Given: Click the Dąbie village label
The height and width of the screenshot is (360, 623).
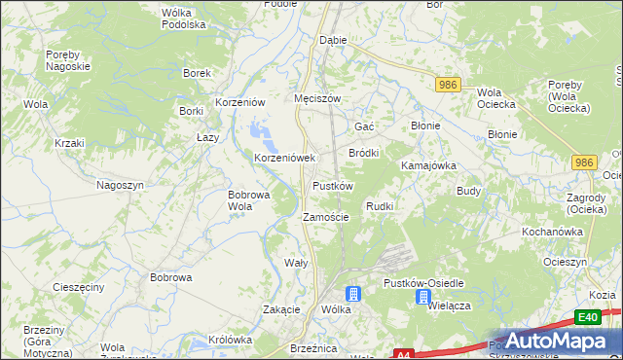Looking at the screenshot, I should coord(333,41).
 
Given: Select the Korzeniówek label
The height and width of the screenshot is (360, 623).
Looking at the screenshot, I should coord(285,158).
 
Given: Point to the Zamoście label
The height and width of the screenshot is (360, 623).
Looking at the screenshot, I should coord(325,217).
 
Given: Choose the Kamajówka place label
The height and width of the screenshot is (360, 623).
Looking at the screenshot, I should coord(429,165).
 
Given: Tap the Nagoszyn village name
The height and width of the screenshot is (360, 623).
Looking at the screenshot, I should coord(121,185).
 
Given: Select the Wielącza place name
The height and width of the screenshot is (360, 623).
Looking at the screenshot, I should coord(449,305).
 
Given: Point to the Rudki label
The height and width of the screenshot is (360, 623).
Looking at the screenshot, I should coord(379,206).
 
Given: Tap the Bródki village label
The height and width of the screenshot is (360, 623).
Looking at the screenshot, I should coord(363,153).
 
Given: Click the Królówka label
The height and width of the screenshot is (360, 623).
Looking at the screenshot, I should coord(231,340).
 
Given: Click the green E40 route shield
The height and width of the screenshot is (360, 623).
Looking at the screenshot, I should coord(586,317).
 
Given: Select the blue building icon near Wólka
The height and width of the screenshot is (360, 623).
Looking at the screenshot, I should coord(353,294).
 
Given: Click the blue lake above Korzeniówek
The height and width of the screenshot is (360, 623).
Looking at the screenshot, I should coord(258,130).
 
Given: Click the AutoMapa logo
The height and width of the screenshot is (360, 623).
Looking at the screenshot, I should coord(545,342).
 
